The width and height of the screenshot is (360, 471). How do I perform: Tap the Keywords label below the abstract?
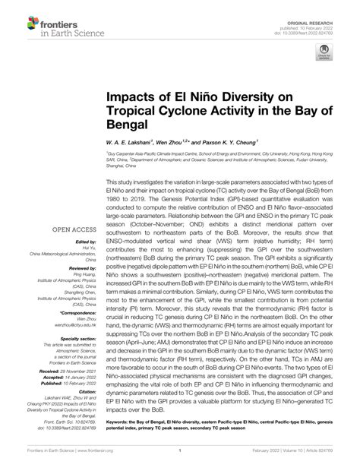(120, 419)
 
